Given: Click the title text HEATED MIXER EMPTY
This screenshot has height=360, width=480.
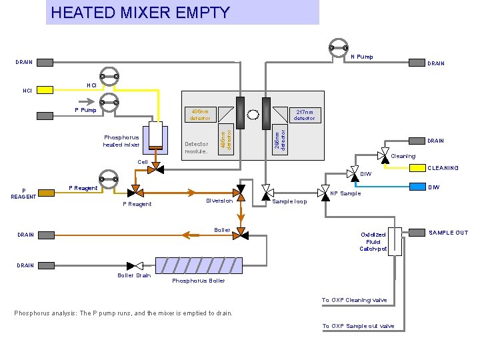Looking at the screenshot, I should click(x=140, y=13).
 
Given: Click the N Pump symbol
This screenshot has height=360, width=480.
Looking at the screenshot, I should click(x=338, y=47).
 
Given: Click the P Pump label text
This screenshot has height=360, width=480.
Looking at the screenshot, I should click(x=85, y=110).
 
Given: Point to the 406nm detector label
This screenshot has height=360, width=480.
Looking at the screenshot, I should click(x=199, y=115).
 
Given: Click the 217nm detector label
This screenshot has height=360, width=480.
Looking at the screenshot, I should click(x=305, y=115).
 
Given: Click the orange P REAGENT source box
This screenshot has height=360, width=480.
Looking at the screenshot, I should click(x=45, y=194).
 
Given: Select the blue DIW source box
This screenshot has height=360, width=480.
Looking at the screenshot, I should click(x=417, y=186).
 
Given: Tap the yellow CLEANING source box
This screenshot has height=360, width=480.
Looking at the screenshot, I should click(x=417, y=168).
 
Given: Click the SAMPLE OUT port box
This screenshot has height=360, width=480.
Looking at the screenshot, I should click(x=417, y=233).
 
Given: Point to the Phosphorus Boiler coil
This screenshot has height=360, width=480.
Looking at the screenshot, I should click(x=199, y=265).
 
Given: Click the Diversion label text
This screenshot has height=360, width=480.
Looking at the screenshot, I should click(x=219, y=200).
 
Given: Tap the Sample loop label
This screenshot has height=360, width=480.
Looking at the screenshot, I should click(x=289, y=201).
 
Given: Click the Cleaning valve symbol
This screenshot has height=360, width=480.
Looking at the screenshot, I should click(x=383, y=157).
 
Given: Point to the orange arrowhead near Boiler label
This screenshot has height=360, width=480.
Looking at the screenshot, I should click(x=189, y=234).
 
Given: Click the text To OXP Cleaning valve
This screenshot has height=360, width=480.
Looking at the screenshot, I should click(x=355, y=300).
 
